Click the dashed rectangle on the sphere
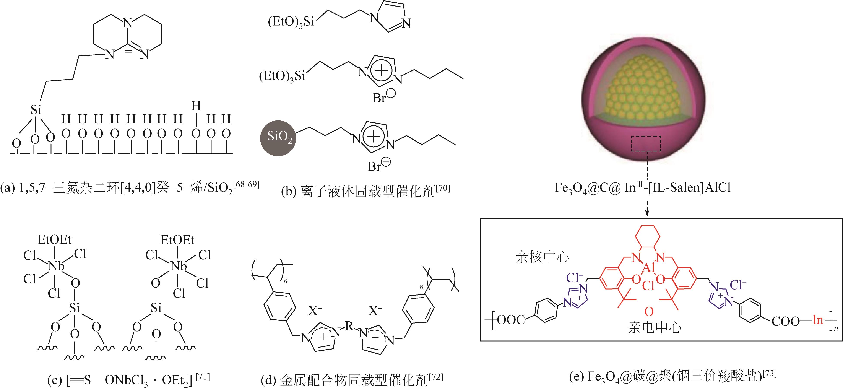646,143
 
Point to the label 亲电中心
655,327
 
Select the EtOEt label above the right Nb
177,240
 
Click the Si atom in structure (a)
36,110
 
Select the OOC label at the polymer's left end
510,320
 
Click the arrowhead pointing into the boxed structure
647,214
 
